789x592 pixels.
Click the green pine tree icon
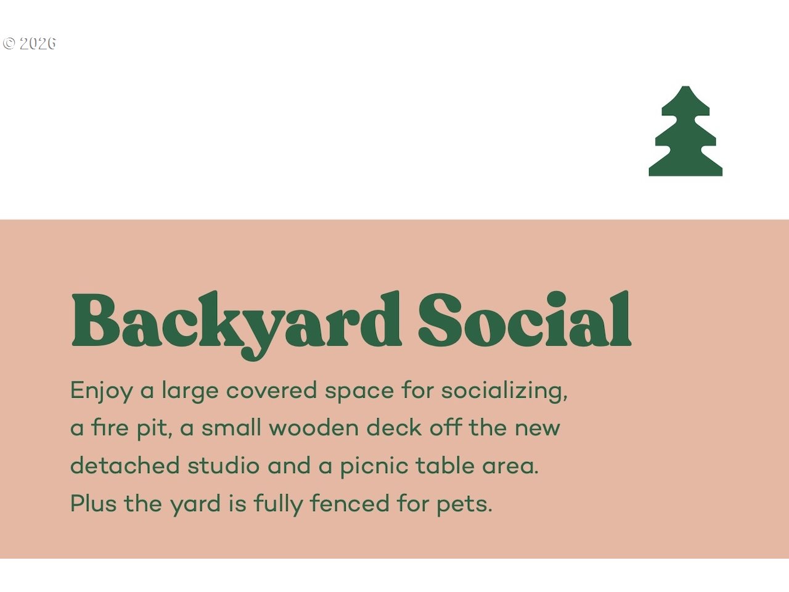(x=685, y=131)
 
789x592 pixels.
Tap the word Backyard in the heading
(x=237, y=325)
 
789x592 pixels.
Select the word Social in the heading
(x=525, y=318)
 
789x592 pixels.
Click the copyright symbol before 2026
(x=9, y=43)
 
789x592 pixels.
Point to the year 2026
(x=38, y=43)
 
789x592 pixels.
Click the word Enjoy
(x=102, y=391)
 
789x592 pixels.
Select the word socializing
(x=504, y=391)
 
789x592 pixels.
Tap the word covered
(x=271, y=390)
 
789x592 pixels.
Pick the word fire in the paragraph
(x=110, y=428)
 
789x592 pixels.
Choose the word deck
(x=394, y=428)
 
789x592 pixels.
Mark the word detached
(x=125, y=466)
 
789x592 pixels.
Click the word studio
(x=223, y=466)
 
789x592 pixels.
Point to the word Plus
(x=94, y=503)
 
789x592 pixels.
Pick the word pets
(x=464, y=504)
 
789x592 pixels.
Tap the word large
(x=190, y=391)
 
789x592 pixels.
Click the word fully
(x=279, y=504)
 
